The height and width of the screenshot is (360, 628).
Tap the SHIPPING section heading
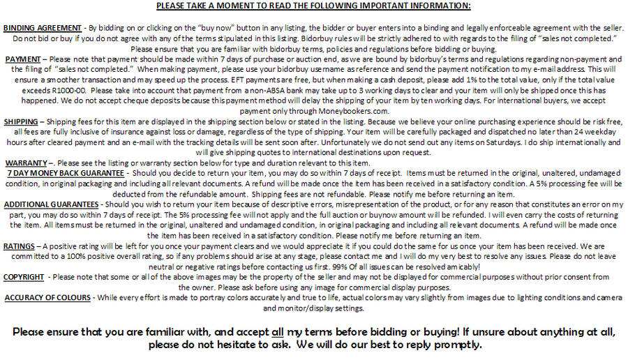22,121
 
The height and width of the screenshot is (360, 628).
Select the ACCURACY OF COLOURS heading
47,298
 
